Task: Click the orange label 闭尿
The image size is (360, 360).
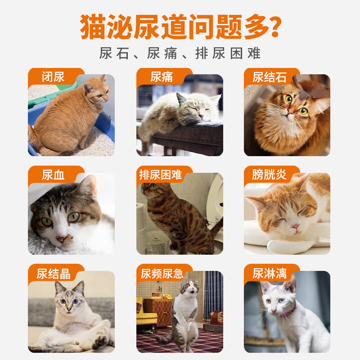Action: click(x=53, y=76)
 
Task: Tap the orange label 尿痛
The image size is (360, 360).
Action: click(x=162, y=76)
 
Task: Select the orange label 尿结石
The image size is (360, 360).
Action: click(x=270, y=76)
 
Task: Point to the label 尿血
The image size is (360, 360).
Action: click(x=53, y=175)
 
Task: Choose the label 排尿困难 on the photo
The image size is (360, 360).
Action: click(x=161, y=175)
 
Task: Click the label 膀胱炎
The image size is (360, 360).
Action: click(x=270, y=175)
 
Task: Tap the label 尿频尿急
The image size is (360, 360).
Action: click(x=162, y=273)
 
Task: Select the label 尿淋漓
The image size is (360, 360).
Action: click(x=270, y=273)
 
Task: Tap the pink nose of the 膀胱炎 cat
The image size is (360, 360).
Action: click(x=294, y=225)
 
